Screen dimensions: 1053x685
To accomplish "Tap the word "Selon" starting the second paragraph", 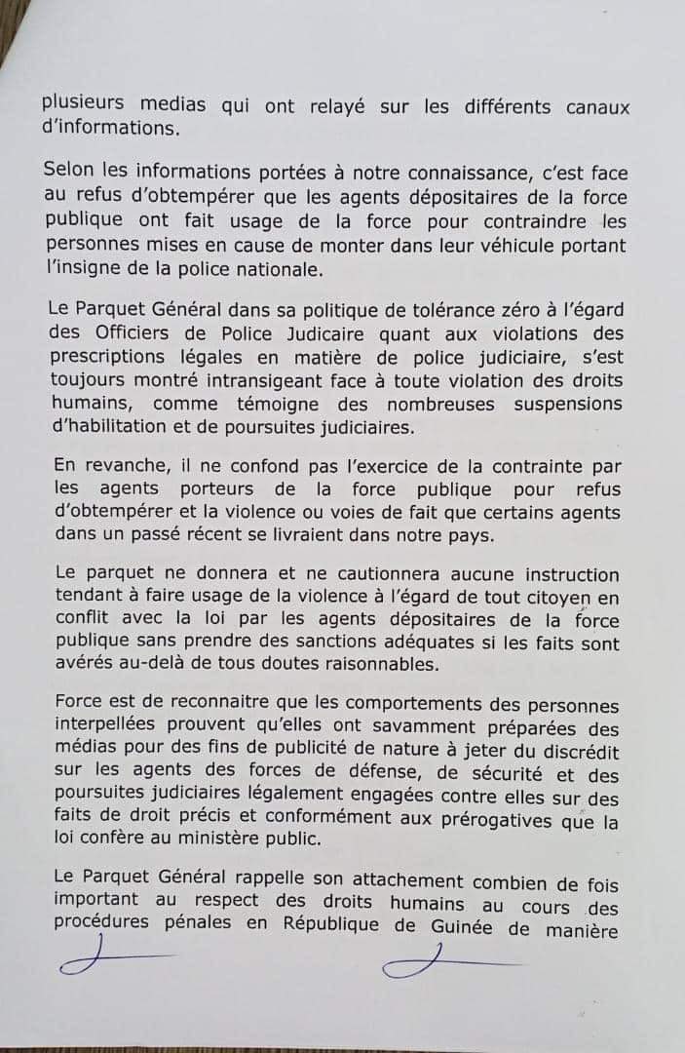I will pyautogui.click(x=70, y=169).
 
